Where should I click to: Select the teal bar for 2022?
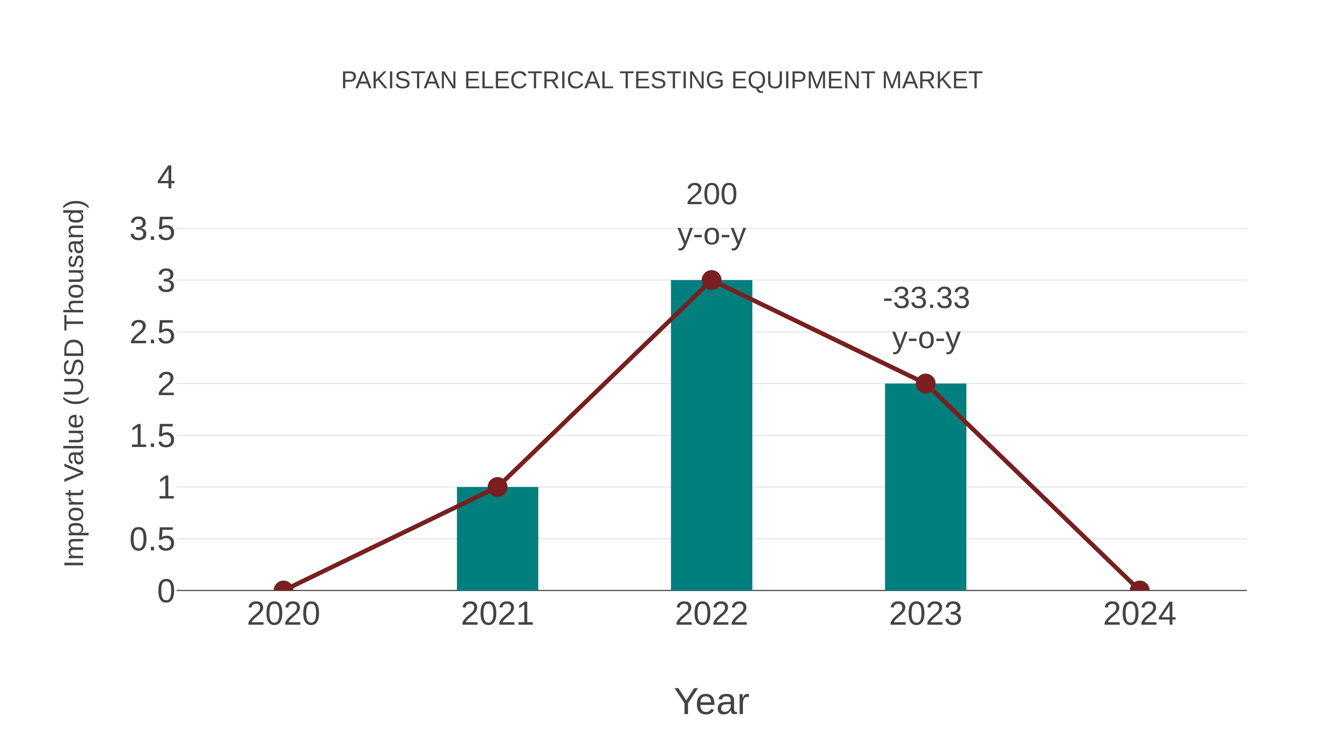point(711,437)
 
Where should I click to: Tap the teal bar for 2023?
point(925,489)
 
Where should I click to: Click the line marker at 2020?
point(283,589)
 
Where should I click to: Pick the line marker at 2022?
point(711,280)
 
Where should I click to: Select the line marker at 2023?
point(925,384)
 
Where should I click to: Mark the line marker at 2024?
point(1139,589)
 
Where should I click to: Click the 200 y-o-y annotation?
point(711,214)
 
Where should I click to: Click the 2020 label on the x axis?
point(283,614)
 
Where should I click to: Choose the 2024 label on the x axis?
point(1139,614)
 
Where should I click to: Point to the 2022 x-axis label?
point(711,614)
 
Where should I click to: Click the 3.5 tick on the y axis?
point(152,229)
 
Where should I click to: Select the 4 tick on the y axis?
point(166,178)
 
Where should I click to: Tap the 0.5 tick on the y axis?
point(152,540)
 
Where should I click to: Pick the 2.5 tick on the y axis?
point(152,333)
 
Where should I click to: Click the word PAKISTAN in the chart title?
point(399,81)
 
